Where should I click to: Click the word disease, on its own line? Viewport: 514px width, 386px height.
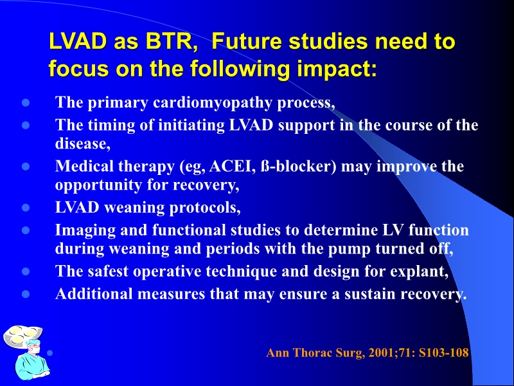83,145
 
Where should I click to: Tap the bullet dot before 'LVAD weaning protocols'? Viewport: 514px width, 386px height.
26,208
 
